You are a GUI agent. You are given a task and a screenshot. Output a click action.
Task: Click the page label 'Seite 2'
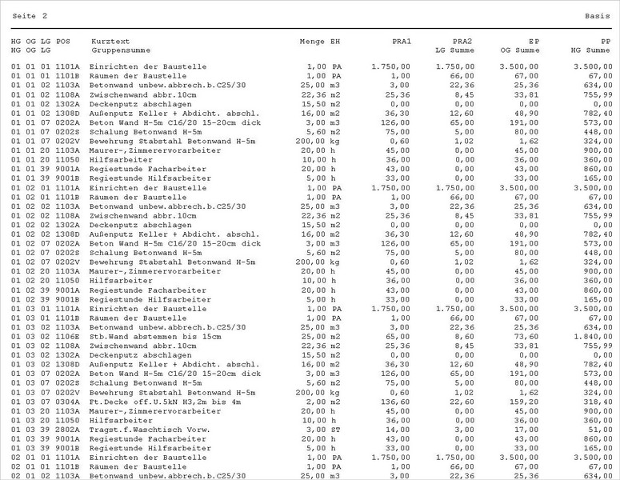(x=30, y=16)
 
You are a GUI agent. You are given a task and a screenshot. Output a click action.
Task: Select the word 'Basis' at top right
(x=598, y=16)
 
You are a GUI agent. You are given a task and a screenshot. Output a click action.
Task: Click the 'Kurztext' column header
(x=111, y=41)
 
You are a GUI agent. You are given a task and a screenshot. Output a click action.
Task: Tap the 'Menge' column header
(x=312, y=41)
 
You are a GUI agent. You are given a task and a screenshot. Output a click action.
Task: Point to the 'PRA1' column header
(x=402, y=41)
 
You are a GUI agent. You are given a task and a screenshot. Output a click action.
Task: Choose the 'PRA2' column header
(x=462, y=41)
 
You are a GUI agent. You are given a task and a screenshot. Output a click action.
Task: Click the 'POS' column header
(x=63, y=41)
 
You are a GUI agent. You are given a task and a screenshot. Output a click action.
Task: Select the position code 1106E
(x=68, y=336)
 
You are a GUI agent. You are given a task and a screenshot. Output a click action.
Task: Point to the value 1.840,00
(x=593, y=336)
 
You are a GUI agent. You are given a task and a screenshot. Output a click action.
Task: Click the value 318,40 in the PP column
(x=598, y=402)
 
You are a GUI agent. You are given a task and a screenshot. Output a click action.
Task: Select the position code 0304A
(x=68, y=402)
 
